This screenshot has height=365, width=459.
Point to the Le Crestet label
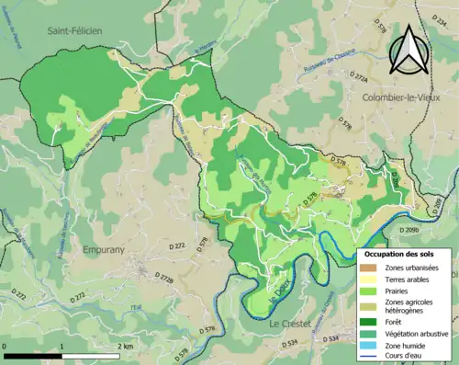click(290, 325)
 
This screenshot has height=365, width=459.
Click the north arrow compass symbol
click(408, 50)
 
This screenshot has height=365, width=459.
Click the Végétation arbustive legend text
click(417, 334)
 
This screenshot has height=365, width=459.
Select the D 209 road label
click(410, 229)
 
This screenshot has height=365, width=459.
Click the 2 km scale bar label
click(126, 346)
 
